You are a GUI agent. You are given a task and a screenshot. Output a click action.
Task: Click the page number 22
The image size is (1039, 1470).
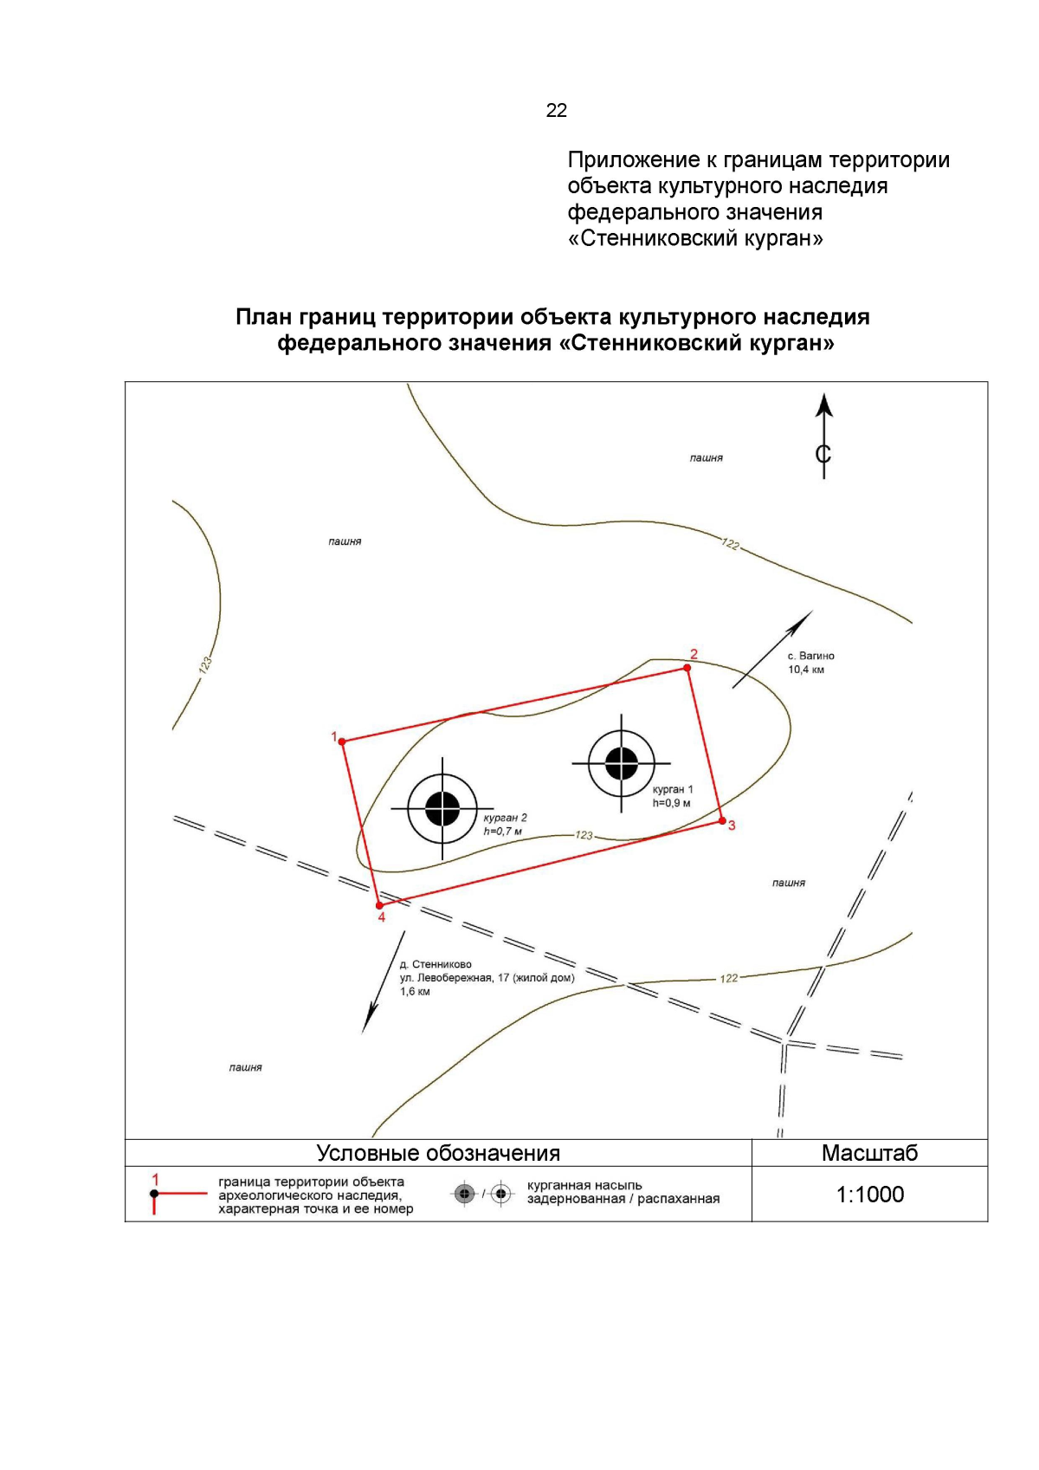[556, 110]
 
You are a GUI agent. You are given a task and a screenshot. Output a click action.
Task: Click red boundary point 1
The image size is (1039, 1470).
[342, 741]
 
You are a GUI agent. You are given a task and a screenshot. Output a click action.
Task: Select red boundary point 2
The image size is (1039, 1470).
[687, 668]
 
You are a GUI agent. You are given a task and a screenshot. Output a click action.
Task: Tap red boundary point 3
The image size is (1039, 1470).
[722, 821]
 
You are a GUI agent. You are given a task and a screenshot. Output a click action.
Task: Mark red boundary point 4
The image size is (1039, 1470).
[379, 905]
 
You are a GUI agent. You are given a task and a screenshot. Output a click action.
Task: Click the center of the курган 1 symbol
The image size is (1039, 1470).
[621, 763]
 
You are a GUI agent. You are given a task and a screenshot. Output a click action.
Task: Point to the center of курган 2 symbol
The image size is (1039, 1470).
[442, 808]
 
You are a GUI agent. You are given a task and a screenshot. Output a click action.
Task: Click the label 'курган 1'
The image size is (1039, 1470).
[673, 789]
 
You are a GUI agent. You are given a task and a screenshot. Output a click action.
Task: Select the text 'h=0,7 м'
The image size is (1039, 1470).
[502, 832]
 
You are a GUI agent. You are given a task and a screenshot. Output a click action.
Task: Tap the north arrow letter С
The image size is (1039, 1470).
[823, 453]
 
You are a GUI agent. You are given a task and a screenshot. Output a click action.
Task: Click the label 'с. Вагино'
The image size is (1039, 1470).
[810, 656]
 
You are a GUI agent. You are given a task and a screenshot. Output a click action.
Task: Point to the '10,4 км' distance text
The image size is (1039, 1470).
[806, 670]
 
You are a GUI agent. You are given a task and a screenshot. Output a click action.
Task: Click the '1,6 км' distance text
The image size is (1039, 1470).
[416, 992]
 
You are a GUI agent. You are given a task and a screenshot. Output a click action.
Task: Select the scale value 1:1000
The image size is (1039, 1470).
[870, 1195]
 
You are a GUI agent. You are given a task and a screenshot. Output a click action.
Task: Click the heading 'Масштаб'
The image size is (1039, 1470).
[870, 1153]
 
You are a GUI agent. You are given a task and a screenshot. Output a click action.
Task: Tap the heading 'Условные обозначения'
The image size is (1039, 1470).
[438, 1153]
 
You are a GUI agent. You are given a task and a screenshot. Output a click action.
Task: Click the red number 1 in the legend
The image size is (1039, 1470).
[156, 1179]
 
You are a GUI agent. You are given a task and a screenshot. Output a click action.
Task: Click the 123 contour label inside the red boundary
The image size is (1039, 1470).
[584, 835]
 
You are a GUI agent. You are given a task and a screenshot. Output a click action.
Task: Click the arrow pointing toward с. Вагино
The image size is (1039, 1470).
[772, 649]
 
